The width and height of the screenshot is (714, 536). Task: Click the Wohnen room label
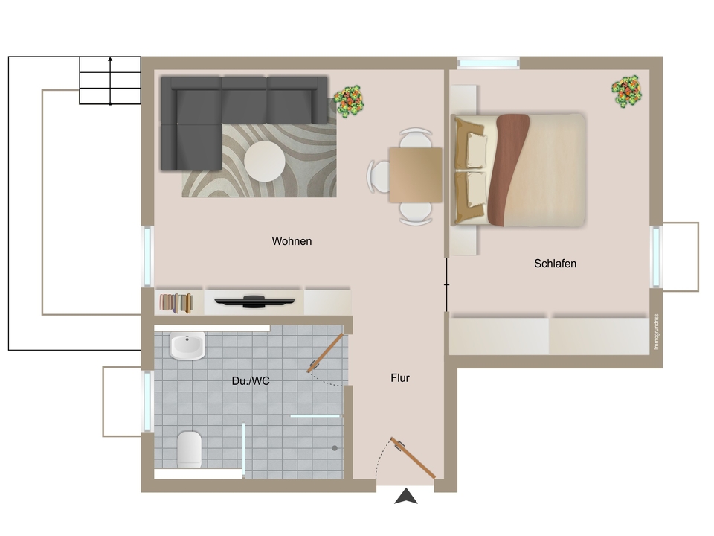pyautogui.click(x=292, y=241)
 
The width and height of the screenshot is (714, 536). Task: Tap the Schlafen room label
pyautogui.click(x=555, y=264)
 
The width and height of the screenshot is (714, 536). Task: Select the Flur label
pyautogui.click(x=400, y=378)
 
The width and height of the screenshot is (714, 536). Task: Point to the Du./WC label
pyautogui.click(x=251, y=381)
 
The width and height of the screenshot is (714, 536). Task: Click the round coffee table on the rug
pyautogui.click(x=265, y=161)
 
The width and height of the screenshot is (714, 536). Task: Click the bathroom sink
pyautogui.click(x=187, y=347)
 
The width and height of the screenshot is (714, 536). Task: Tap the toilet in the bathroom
pyautogui.click(x=190, y=449)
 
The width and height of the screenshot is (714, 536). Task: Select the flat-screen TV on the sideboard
pyautogui.click(x=254, y=301)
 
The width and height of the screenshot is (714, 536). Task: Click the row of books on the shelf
pyautogui.click(x=177, y=301)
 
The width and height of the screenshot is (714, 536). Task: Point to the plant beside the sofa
pyautogui.click(x=348, y=100)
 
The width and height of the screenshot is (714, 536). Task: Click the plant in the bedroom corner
pyautogui.click(x=627, y=91)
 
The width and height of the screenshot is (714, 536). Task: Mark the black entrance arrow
pyautogui.click(x=405, y=496)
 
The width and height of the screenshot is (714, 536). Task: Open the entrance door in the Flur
pyautogui.click(x=415, y=458)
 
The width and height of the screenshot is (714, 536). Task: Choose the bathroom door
pyautogui.click(x=326, y=353)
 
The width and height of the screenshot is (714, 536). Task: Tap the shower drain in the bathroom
pyautogui.click(x=335, y=448)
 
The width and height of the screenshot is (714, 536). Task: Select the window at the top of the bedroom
pyautogui.click(x=488, y=63)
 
